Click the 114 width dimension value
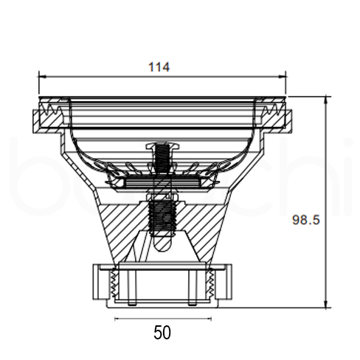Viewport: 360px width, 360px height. point(159,67)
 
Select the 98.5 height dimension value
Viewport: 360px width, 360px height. point(305,220)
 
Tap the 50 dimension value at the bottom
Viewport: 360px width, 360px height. point(162,332)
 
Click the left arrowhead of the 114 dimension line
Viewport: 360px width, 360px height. point(42,75)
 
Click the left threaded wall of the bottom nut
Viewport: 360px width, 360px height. point(112,284)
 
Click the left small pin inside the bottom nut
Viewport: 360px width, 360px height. point(131,289)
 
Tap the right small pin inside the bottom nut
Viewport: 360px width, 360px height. point(193,289)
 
